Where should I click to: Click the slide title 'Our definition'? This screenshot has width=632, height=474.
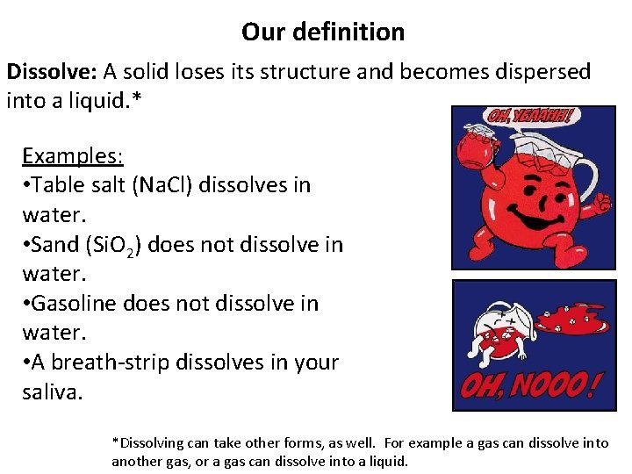tap(323, 32)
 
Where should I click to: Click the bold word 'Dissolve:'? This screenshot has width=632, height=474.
tap(52, 72)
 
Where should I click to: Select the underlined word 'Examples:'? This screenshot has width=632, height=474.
tap(73, 156)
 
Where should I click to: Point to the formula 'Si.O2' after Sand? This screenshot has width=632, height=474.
tap(118, 245)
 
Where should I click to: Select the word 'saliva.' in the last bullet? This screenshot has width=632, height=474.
tap(52, 391)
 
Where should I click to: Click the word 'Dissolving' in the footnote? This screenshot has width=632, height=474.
tap(149, 442)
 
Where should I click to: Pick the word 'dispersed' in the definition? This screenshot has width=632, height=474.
tap(540, 72)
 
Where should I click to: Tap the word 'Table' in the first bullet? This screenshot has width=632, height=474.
tap(60, 185)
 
